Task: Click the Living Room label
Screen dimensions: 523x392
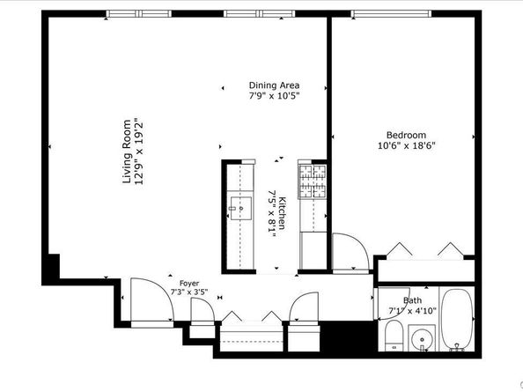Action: pyautogui.click(x=127, y=152)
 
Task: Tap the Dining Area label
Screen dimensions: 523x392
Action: pyautogui.click(x=274, y=85)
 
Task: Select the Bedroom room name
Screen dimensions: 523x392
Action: pyautogui.click(x=406, y=135)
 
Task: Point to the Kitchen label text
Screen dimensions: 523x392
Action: pyautogui.click(x=282, y=213)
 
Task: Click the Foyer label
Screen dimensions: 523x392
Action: pyautogui.click(x=189, y=284)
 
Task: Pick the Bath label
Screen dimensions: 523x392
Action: pyautogui.click(x=412, y=300)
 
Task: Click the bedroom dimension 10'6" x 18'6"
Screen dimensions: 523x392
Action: pyautogui.click(x=406, y=146)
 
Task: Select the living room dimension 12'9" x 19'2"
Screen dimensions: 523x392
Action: pyautogui.click(x=138, y=152)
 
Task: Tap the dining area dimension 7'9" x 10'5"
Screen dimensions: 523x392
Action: pyautogui.click(x=274, y=96)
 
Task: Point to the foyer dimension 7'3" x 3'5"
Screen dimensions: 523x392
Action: pyautogui.click(x=189, y=292)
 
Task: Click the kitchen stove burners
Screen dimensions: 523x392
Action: pyautogui.click(x=312, y=181)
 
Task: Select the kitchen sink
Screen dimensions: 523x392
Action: pyautogui.click(x=241, y=208)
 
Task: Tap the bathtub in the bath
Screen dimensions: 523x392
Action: pyautogui.click(x=457, y=319)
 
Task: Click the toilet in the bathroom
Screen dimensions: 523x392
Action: pyautogui.click(x=394, y=336)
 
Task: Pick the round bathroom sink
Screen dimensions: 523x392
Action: pyautogui.click(x=422, y=340)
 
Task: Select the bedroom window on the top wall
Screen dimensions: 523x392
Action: pyautogui.click(x=391, y=14)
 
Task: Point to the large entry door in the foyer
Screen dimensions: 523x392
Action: pyautogui.click(x=152, y=301)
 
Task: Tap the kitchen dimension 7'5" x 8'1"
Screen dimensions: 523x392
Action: pyautogui.click(x=272, y=213)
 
